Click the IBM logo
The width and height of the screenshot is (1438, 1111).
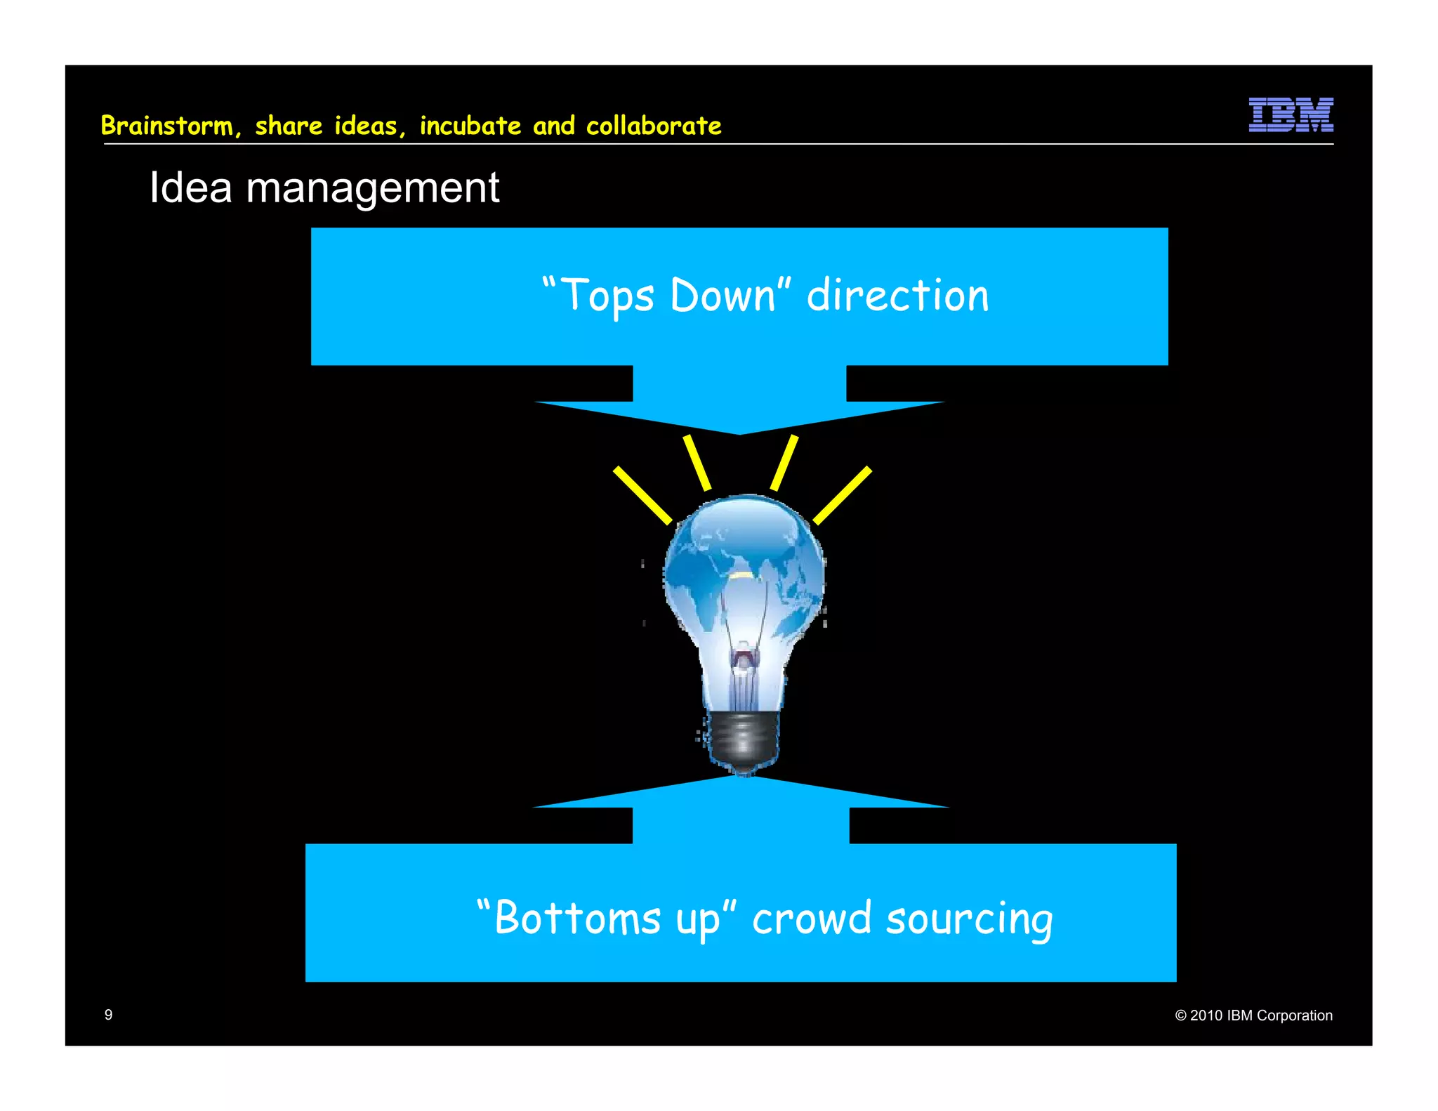[1291, 114]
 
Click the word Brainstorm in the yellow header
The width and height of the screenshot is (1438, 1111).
[166, 126]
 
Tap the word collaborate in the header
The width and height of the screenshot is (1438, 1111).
[653, 126]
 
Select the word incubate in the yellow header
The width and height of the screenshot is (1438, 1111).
[470, 126]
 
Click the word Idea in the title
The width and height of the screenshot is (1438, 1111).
[190, 188]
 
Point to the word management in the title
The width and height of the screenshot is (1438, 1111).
[372, 188]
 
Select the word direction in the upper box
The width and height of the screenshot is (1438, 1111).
[897, 295]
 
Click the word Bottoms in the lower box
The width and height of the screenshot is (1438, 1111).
[577, 918]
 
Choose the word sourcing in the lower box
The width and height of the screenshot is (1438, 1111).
[969, 919]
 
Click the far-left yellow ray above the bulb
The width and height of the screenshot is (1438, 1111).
[642, 495]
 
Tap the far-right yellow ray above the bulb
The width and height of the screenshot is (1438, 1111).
[843, 495]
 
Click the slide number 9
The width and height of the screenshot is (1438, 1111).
[108, 1014]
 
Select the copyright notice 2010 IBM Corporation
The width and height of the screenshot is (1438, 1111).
[1253, 1015]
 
